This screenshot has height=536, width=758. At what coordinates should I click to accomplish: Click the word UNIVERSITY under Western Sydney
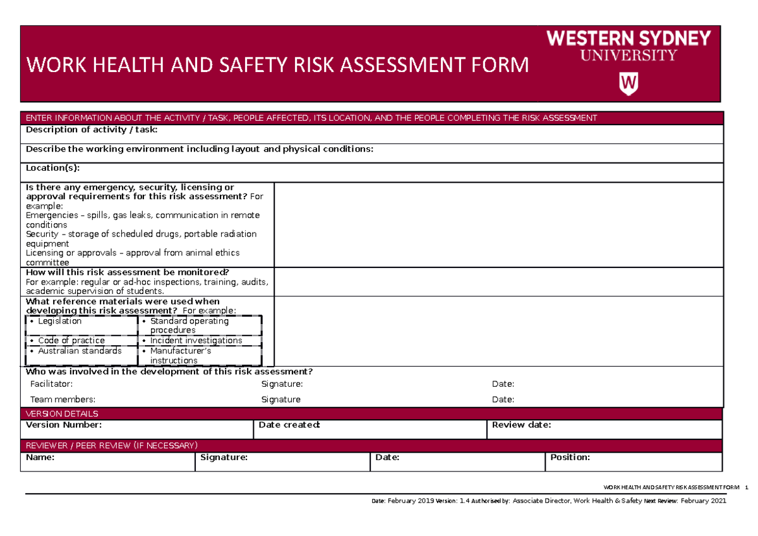coord(628,56)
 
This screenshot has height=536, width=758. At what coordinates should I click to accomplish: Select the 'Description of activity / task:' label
coord(91,130)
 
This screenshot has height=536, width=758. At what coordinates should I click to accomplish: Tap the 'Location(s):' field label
coord(52,168)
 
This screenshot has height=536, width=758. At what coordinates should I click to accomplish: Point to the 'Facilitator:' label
coord(51,384)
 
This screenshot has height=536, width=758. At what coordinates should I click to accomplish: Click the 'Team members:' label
coord(63,399)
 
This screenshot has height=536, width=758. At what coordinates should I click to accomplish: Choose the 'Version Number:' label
coord(63,425)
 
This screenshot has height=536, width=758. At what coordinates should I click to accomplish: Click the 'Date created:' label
coord(290,425)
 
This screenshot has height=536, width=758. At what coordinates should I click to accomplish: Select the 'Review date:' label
coord(522,425)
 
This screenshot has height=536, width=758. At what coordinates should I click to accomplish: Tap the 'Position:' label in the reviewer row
coord(570,457)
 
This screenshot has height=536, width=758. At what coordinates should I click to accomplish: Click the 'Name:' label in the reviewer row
coord(40,457)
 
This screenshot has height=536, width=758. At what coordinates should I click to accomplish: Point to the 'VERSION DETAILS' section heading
coord(61,414)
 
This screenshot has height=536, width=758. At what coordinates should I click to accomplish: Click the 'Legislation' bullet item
coord(59,321)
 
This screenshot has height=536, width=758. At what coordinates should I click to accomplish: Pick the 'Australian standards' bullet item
coord(80,351)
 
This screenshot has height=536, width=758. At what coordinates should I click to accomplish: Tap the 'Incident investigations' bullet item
coord(196,341)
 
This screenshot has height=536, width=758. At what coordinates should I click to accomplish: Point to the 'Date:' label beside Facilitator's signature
coord(503,384)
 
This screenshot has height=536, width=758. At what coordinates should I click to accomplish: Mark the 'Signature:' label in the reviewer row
coord(223,457)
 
